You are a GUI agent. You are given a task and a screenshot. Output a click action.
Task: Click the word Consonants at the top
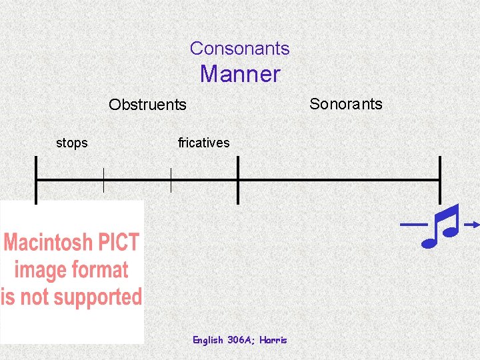tap(239, 48)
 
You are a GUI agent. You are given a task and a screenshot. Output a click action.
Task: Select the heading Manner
tap(240, 73)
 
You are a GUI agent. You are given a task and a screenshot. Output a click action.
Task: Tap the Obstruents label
tap(147, 105)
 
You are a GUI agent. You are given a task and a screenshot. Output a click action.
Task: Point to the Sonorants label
tap(345, 103)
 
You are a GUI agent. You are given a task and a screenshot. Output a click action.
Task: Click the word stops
tap(71, 143)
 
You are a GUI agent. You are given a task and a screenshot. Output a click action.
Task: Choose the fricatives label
tap(203, 143)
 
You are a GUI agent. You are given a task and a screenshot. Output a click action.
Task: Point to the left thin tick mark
tap(103, 180)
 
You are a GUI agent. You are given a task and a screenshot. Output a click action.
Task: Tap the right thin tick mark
tap(171, 180)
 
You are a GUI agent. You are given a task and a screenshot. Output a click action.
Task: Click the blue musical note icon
tap(441, 225)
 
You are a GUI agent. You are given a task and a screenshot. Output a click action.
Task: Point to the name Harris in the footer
tap(273, 340)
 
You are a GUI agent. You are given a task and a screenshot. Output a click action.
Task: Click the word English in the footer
tap(208, 340)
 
